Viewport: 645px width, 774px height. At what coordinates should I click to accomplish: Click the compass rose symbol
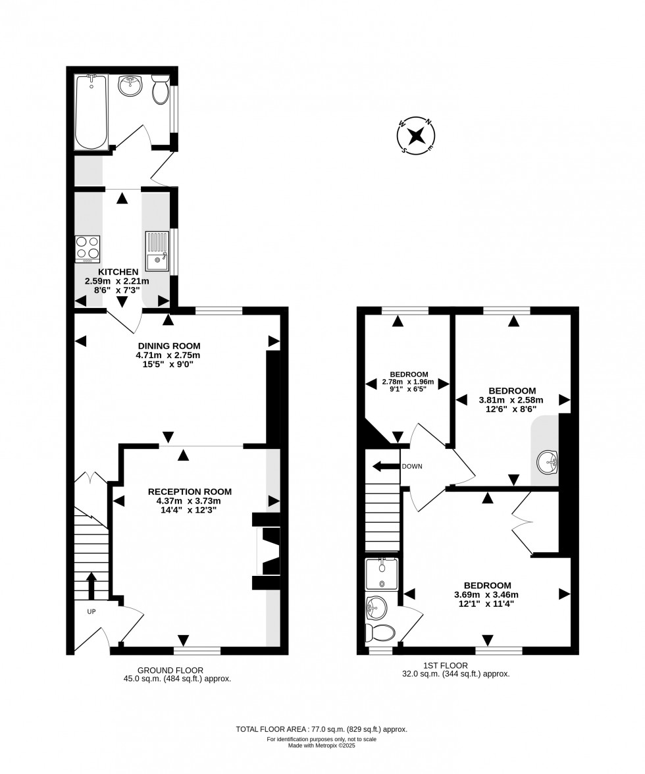pos(416,136)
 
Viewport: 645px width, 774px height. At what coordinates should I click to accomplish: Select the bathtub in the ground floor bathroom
pos(91,112)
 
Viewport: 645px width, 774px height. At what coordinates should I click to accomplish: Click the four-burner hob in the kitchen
pos(88,249)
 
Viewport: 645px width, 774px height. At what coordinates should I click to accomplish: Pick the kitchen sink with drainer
pos(157,252)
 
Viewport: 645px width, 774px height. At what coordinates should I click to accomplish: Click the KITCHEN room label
pos(118,272)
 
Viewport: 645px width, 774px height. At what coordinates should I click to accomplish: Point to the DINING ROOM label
pos(168,346)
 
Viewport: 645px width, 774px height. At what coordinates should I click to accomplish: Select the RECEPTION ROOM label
pos(190,491)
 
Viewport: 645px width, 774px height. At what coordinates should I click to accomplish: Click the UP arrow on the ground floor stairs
pos(91,585)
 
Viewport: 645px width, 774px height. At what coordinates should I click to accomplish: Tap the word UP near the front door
pos(92,611)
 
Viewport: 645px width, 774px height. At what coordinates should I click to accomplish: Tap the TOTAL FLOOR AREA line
pos(322,729)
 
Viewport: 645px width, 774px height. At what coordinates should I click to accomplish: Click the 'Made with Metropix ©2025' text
pos(322,745)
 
